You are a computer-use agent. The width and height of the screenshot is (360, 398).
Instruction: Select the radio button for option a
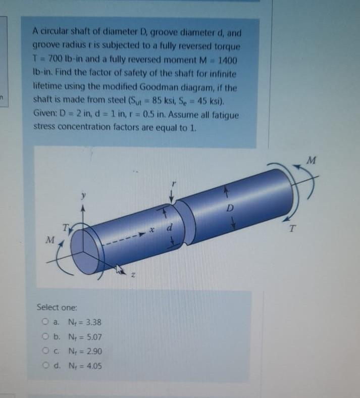45,322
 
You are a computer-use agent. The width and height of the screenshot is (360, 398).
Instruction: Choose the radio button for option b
45,336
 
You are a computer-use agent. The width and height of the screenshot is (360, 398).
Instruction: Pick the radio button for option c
45,351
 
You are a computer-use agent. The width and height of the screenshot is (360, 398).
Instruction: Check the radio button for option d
45,366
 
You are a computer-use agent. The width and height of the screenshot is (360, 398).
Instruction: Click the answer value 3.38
93,322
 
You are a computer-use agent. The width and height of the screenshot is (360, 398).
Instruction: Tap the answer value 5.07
94,337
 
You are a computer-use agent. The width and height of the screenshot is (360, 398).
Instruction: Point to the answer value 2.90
94,351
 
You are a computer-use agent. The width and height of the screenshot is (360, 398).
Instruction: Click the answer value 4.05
94,366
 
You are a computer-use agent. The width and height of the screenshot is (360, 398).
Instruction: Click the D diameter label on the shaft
230,209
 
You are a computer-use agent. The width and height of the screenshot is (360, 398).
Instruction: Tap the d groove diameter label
170,227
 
